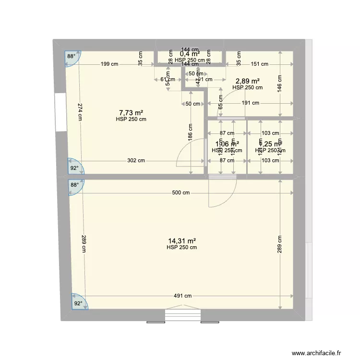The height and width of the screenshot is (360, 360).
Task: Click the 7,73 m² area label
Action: pyautogui.click(x=131, y=113)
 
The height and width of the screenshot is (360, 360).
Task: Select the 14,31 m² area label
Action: pyautogui.click(x=181, y=241)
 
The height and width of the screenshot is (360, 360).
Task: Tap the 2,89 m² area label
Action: pyautogui.click(x=247, y=81)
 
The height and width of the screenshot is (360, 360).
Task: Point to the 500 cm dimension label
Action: pyautogui.click(x=181, y=193)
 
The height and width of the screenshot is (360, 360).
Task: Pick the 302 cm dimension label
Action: pyautogui.click(x=136, y=161)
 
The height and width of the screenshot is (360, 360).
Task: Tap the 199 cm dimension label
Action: pyautogui.click(x=109, y=64)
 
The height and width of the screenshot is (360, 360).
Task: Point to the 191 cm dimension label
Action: pyautogui.click(x=250, y=103)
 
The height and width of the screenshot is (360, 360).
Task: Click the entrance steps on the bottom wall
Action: pyautogui.click(x=183, y=315)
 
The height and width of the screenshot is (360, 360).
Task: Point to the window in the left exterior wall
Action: pyautogui.click(x=60, y=112)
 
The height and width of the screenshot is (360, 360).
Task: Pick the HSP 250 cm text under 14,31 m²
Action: pyautogui.click(x=181, y=248)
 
